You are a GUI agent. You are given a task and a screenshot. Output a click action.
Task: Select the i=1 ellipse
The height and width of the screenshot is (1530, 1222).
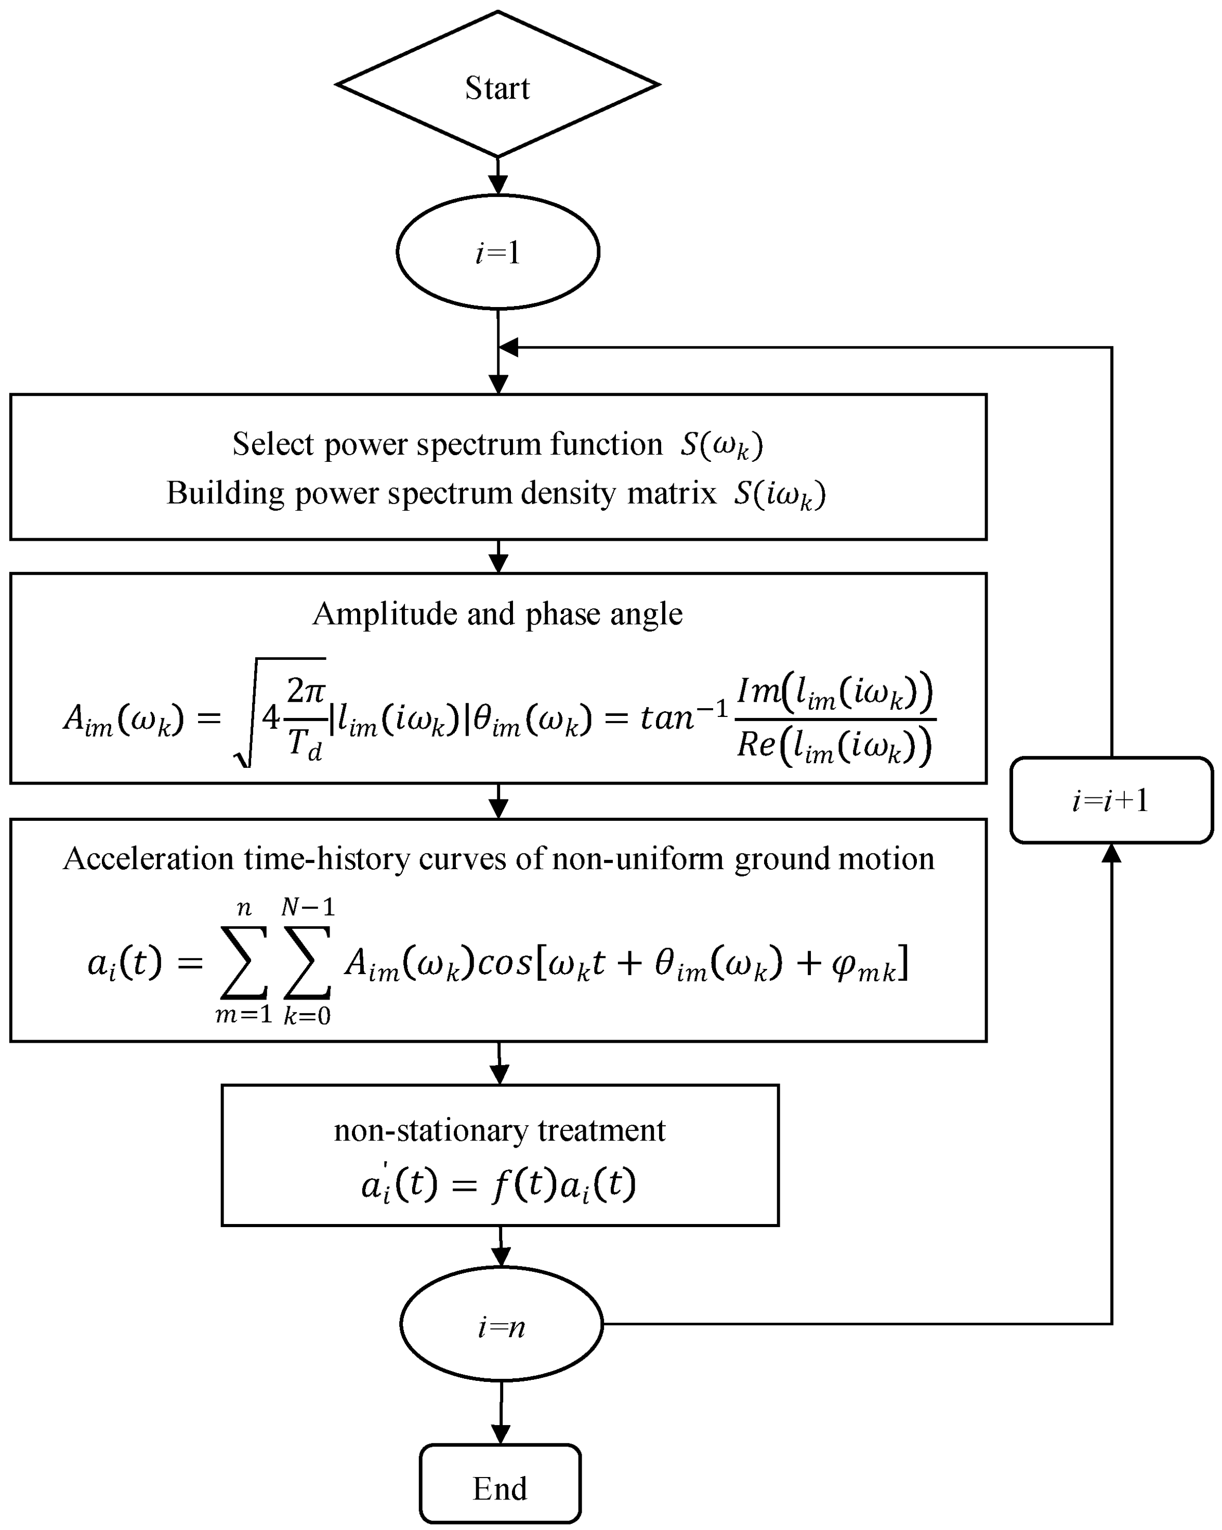[x=498, y=252]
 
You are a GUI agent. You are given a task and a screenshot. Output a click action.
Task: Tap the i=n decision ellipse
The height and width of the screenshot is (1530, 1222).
[x=501, y=1324]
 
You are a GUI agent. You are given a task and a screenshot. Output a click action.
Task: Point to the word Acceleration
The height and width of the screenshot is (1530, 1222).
[x=148, y=859]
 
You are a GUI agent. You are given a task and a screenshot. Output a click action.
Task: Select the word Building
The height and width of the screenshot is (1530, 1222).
[x=225, y=493]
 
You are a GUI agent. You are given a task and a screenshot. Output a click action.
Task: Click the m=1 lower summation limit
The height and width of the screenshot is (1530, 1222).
[x=244, y=1015]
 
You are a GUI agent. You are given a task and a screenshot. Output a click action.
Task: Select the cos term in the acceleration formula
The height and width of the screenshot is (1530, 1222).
[x=504, y=964]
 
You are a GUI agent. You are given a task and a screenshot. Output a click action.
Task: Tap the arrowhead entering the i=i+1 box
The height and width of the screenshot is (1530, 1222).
[x=1111, y=853]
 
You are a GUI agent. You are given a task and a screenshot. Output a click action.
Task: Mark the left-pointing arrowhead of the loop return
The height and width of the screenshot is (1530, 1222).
[x=508, y=347]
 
